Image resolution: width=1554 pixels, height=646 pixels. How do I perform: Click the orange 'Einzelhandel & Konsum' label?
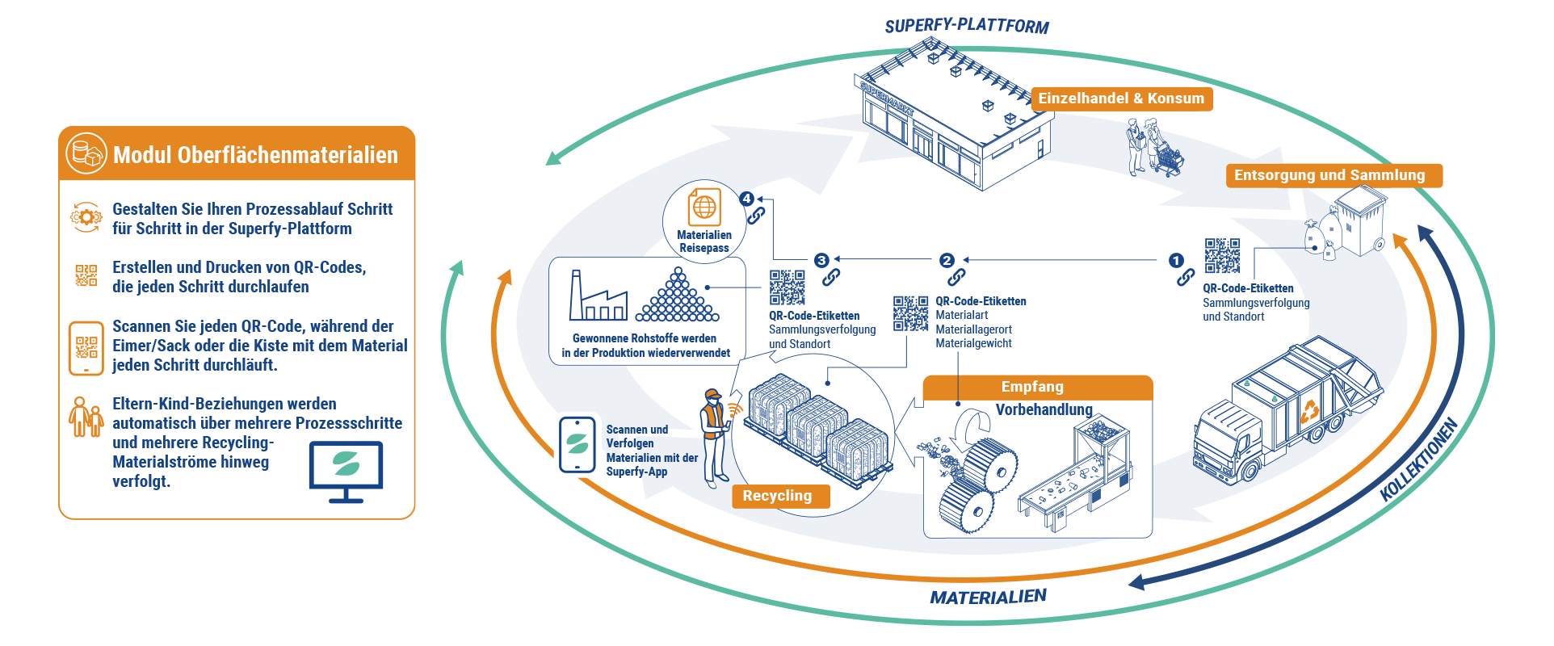[x=1121, y=99]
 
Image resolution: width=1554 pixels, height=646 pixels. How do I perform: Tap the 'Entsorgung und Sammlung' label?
[x=1329, y=175]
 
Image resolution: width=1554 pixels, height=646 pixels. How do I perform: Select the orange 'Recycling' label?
[x=777, y=496]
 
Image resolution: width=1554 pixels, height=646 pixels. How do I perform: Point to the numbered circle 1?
[x=1176, y=260]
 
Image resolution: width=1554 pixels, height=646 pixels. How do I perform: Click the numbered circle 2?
[x=947, y=260]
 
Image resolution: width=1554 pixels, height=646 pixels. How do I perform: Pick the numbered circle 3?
[x=821, y=260]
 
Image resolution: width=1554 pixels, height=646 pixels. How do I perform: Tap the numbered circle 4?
[x=746, y=199]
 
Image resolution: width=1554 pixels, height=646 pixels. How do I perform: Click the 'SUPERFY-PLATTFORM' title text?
[x=966, y=27]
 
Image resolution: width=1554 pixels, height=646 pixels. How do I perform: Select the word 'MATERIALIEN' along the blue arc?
[x=988, y=598]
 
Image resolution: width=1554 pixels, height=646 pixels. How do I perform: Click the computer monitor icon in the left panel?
[x=346, y=472]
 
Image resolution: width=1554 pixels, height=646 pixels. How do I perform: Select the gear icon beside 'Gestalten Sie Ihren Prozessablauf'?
[x=86, y=217]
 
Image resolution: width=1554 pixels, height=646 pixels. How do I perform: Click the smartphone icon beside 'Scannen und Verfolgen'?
[x=577, y=445]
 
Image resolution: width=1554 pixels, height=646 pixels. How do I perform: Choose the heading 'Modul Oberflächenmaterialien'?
[x=255, y=154]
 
